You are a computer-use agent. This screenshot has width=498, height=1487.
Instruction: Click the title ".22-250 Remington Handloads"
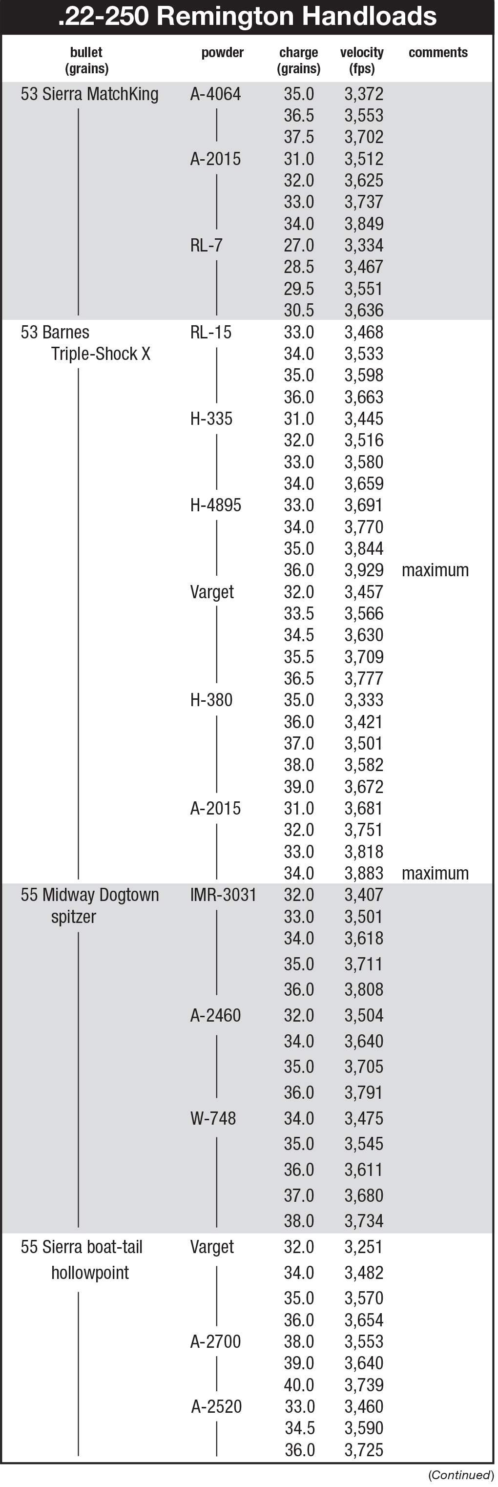click(x=248, y=16)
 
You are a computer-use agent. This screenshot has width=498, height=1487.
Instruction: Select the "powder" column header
click(x=222, y=53)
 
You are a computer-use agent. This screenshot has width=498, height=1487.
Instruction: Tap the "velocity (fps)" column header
click(x=362, y=60)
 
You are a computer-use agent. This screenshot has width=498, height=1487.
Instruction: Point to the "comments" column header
click(x=438, y=53)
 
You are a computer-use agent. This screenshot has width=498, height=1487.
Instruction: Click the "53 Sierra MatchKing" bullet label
click(x=89, y=94)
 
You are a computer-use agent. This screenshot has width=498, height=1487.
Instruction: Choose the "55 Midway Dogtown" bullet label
click(x=89, y=895)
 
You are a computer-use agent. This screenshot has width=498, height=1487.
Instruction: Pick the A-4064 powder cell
click(x=215, y=94)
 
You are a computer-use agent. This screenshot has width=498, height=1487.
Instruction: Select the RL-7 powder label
click(x=206, y=245)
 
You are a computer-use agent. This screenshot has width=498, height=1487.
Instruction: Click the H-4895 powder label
click(x=215, y=505)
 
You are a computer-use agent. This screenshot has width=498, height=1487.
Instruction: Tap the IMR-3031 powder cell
click(x=223, y=895)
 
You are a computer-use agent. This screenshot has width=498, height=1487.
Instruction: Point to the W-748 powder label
click(x=213, y=1118)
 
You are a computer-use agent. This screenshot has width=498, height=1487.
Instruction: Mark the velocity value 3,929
click(x=364, y=570)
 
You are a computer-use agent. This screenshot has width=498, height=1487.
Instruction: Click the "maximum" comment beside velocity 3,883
click(x=435, y=873)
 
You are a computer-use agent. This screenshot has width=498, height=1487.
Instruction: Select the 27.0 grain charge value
click(x=299, y=245)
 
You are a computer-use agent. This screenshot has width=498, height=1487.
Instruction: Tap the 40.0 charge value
click(x=299, y=1385)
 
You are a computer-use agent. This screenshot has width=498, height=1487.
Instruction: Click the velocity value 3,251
click(x=364, y=1247)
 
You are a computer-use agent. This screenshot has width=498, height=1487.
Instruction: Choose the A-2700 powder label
click(x=215, y=1341)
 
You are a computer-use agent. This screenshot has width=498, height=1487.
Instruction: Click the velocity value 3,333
click(x=364, y=700)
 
